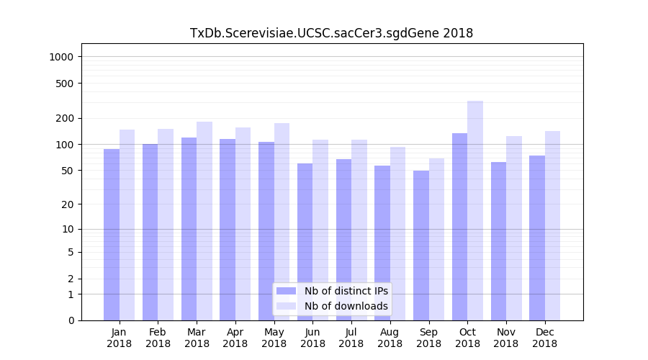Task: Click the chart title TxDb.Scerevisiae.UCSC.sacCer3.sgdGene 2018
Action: pos(331,33)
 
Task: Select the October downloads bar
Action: pos(475,210)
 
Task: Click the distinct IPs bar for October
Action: pos(459,227)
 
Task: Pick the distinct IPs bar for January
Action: pos(112,235)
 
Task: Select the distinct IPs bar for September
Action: pos(420,246)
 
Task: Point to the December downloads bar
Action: pos(552,225)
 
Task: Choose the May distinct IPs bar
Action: pos(266,231)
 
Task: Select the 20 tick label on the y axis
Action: pos(68,204)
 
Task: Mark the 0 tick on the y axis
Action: pos(71,320)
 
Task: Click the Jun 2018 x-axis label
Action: pos(312,338)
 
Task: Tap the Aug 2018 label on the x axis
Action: pos(390,338)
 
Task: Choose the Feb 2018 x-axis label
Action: pos(158,338)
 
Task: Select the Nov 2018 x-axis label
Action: pos(505,338)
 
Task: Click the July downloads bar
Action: pos(359,230)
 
